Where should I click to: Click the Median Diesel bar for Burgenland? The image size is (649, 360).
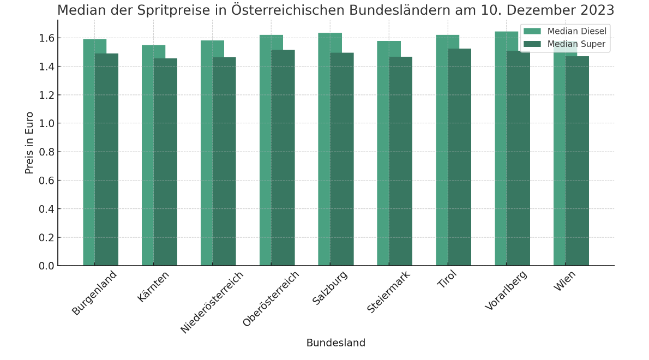(x=89, y=153)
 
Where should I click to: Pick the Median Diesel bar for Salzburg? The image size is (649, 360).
(x=324, y=149)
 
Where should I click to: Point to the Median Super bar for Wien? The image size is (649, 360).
(x=577, y=161)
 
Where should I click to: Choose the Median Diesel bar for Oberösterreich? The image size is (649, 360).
(x=265, y=151)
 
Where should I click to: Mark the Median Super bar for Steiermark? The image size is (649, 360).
(x=401, y=161)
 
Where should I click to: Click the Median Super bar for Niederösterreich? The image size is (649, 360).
(x=224, y=161)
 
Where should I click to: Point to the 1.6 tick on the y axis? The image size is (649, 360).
(x=47, y=38)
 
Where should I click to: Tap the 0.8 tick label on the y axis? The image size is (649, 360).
(x=47, y=152)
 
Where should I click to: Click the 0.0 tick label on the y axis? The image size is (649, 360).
(x=47, y=266)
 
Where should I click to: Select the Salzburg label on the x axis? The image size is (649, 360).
(x=330, y=287)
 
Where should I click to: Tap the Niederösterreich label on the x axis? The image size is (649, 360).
(x=212, y=302)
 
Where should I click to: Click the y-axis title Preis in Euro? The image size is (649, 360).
(x=29, y=143)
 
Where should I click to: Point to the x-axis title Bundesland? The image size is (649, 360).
(x=335, y=343)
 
